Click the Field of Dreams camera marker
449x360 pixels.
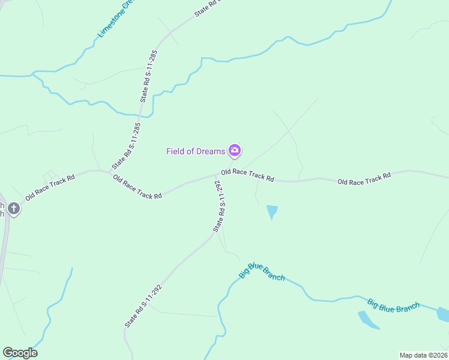point(235,150)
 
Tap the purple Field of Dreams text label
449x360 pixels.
point(196,151)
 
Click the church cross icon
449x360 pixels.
point(13,209)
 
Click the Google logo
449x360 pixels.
point(20,353)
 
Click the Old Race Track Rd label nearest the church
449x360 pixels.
point(50,187)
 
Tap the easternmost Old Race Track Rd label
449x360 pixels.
point(364,178)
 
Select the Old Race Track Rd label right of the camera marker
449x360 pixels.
point(247,175)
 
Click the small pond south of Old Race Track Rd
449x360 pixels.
point(272,211)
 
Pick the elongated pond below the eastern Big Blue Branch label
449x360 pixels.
point(368,320)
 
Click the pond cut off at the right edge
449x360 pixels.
point(443,314)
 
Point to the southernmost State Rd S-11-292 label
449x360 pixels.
point(143,305)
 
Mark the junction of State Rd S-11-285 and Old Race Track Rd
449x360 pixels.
point(112,172)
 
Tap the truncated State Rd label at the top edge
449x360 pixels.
point(208,8)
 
